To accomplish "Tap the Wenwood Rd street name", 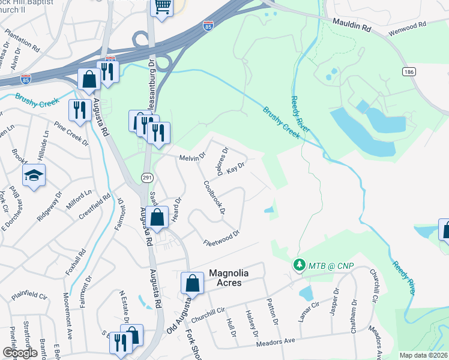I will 406,25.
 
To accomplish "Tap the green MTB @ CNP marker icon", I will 298,265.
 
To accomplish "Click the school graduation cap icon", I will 34,175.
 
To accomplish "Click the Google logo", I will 20,353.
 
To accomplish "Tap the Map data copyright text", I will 423,355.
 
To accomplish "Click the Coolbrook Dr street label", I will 214,197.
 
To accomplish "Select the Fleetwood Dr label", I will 221,237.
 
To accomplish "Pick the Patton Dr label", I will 272,311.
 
